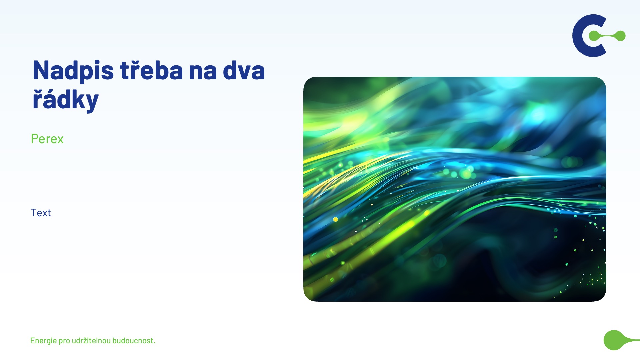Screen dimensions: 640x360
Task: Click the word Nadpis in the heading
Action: point(73,71)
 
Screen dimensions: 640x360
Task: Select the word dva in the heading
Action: point(244,70)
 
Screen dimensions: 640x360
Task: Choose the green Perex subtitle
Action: point(47,139)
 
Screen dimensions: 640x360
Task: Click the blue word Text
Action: point(41,213)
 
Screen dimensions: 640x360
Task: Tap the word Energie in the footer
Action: point(43,341)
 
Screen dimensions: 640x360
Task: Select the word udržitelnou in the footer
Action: point(91,340)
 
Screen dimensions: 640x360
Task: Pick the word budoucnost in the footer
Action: point(132,340)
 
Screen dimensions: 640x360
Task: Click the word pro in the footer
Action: point(64,341)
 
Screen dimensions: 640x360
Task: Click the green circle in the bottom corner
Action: point(614,340)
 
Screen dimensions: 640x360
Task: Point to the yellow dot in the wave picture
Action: point(336,219)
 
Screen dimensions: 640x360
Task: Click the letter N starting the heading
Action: point(41,70)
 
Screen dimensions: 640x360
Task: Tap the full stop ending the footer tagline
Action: point(154,343)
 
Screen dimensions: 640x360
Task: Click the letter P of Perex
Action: point(35,139)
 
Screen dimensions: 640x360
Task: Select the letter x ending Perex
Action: point(60,140)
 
